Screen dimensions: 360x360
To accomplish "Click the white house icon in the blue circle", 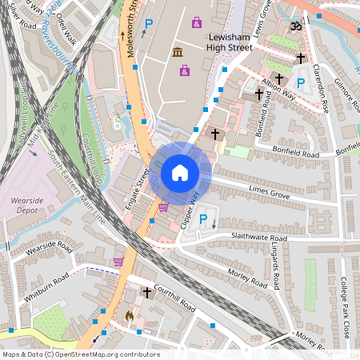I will [180, 173].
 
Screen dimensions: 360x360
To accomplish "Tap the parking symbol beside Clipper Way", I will [202, 220].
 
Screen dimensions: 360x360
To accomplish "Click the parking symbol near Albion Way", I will [301, 83].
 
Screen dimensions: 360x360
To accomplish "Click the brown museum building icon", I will [177, 53].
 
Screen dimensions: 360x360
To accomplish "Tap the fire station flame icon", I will [130, 317].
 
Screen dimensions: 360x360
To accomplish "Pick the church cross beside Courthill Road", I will [146, 294].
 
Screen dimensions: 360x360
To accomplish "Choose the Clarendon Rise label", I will [321, 89].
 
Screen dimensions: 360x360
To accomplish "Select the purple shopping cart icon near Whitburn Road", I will [118, 261].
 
